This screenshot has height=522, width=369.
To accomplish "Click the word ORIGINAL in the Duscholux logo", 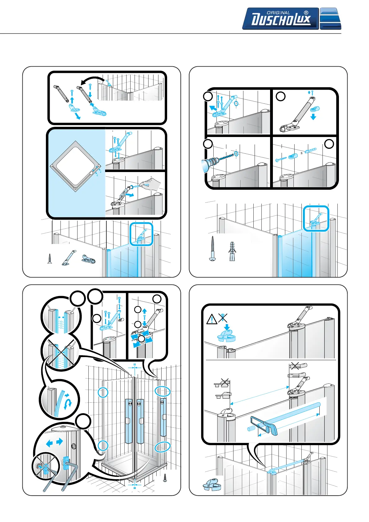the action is tap(278, 13).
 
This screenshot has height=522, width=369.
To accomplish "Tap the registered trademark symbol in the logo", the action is tap(306, 13).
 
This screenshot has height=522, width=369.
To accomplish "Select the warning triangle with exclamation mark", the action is tap(212, 319).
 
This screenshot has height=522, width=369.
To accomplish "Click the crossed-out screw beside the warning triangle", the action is tap(223, 318).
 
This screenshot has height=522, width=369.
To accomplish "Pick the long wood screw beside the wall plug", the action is tap(213, 248).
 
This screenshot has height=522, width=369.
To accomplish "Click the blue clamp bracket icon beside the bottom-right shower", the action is tap(211, 484).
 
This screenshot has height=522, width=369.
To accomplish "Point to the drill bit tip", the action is tap(233, 154).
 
